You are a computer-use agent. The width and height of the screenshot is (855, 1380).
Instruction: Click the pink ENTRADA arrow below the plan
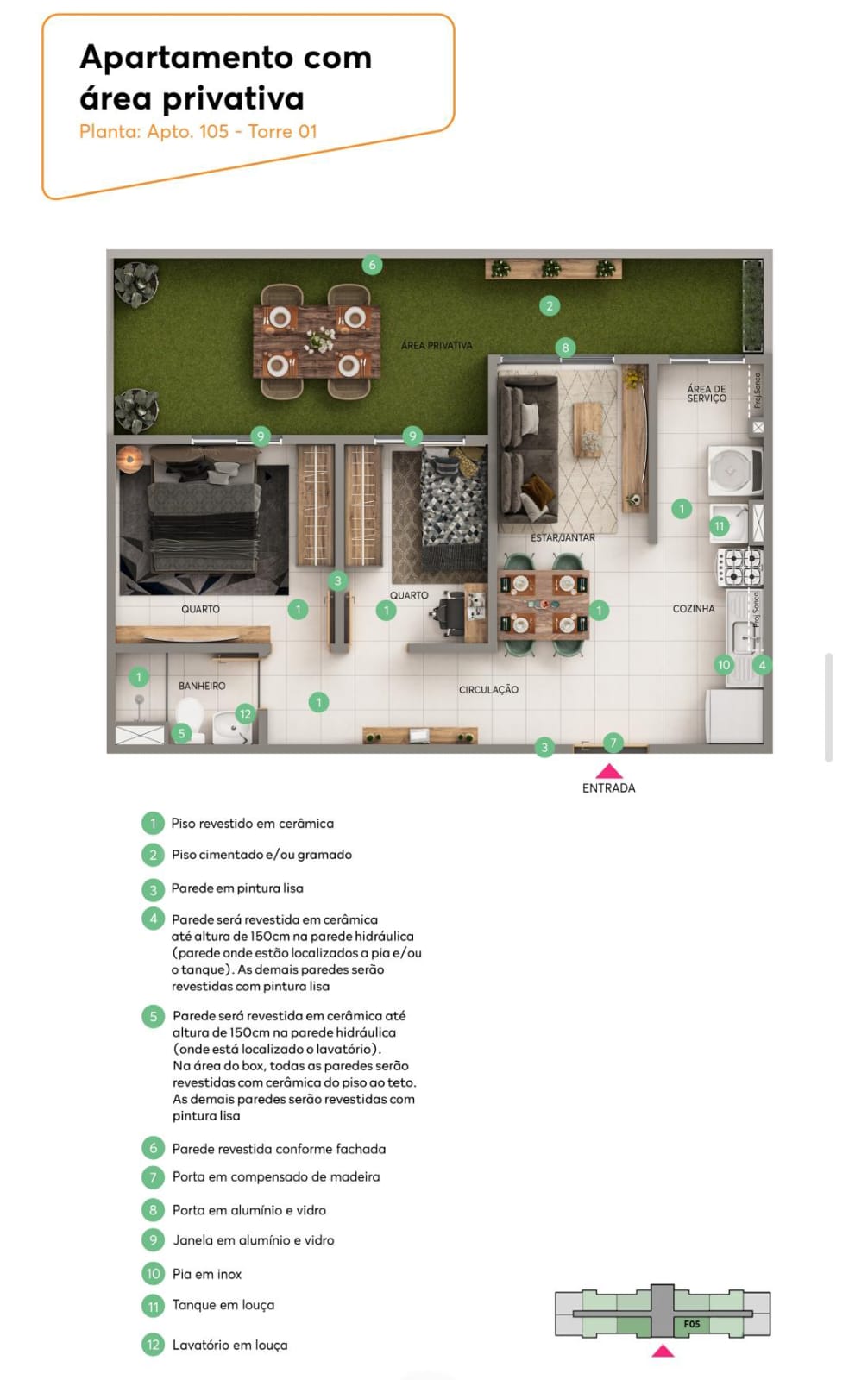pos(608,771)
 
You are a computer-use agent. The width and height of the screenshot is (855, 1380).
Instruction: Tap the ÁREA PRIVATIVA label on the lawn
pos(437,346)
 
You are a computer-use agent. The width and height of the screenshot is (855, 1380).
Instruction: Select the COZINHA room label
pos(694,609)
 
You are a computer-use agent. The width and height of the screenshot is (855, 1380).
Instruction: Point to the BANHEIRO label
pos(202,686)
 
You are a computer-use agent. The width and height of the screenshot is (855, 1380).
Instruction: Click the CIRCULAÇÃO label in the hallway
pos(488,690)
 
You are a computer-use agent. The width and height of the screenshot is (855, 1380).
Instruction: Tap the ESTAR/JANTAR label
pos(563,538)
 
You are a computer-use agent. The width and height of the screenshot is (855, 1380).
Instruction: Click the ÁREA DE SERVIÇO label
pos(707,393)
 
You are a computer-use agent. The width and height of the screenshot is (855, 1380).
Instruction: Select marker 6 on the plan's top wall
pos(372,265)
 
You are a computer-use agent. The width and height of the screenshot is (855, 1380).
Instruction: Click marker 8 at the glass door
pos(565,348)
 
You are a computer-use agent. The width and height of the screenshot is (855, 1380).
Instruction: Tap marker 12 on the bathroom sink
pos(245,714)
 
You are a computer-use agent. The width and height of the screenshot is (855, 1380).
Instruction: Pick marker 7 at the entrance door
pos(613,743)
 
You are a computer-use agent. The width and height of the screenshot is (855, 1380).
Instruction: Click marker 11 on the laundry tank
pos(719,527)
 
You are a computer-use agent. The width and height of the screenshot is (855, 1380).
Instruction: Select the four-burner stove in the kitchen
pos(739,568)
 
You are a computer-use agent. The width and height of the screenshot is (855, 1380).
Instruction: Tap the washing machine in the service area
pos(735,471)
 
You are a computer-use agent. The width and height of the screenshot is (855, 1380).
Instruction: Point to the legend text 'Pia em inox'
pos(207,1274)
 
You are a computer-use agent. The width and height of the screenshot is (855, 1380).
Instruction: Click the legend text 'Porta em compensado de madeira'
pos(276,1176)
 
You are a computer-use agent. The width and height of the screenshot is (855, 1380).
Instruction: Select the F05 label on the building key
pos(692,1324)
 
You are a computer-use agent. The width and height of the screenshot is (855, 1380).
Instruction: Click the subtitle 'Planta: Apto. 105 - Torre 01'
pos(198,132)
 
